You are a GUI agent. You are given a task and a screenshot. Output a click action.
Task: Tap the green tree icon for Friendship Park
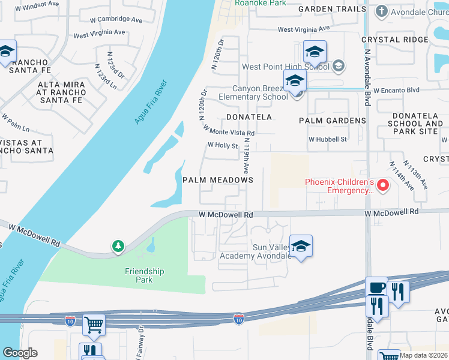pos(118,246)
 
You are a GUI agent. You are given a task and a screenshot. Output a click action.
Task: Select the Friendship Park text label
pos(144,276)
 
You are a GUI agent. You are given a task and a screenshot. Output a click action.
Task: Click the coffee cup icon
pos(376,288)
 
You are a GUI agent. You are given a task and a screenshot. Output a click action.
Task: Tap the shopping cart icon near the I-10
pos(94,325)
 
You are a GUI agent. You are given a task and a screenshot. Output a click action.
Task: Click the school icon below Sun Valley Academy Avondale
pos(301,245)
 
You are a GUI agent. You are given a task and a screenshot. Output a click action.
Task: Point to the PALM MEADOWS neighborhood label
pos(218,180)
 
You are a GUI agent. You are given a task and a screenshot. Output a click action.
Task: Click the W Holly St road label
pos(223,145)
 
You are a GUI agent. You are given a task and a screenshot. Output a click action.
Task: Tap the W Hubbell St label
pos(328,139)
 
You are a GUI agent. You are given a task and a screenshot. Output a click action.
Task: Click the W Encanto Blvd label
pos(396,90)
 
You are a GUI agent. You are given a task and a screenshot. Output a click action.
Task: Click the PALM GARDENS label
pos(333,121)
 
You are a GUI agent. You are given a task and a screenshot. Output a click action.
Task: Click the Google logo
pos(20,353)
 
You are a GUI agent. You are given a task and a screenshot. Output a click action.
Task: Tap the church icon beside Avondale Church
pos(382,11)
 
